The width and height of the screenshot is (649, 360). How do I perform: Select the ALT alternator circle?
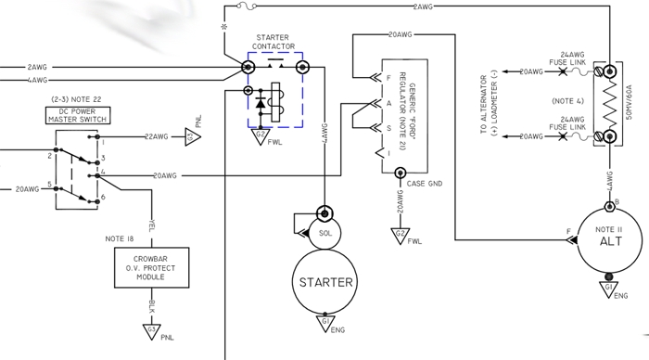coord(578,240)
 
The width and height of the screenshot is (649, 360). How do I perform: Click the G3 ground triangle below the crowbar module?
coord(151,332)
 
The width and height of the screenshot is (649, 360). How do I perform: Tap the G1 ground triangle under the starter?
coord(325,324)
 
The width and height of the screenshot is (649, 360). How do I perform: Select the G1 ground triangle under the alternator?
coord(608,289)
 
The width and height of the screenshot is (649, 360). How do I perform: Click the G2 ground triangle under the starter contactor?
coord(261,136)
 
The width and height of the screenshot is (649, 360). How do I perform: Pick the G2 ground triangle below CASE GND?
coord(400,236)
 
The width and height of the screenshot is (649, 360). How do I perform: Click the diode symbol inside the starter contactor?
coord(261,102)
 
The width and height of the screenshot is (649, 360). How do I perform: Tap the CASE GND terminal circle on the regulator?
coord(400,173)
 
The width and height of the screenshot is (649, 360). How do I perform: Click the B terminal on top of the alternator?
coord(609,206)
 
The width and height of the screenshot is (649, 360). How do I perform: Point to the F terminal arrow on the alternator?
coord(573,240)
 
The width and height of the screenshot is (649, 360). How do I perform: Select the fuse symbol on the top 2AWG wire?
coord(247,6)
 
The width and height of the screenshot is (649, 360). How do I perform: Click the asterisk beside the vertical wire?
coord(224,27)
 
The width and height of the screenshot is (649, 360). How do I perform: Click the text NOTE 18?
coord(120,238)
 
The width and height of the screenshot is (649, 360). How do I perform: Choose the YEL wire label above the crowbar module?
coord(152,225)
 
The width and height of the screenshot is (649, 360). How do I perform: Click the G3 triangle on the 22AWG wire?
coord(192,136)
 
